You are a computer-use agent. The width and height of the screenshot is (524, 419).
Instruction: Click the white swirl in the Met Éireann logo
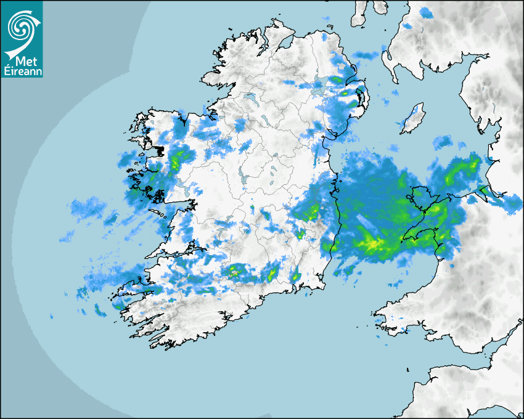[x=22, y=26]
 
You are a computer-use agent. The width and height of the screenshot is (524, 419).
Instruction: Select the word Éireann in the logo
[x=22, y=71]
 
